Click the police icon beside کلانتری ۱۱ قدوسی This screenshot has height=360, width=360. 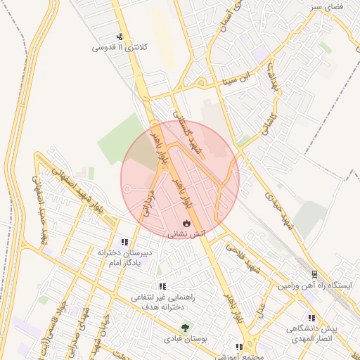120,37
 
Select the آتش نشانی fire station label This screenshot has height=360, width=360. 186,233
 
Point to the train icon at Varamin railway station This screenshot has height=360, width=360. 314,274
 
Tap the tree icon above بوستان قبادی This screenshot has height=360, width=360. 186,327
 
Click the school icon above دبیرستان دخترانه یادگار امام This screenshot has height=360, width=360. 125,242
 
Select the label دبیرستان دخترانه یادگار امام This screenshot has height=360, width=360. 125,257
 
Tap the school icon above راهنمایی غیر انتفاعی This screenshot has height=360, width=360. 162,286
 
